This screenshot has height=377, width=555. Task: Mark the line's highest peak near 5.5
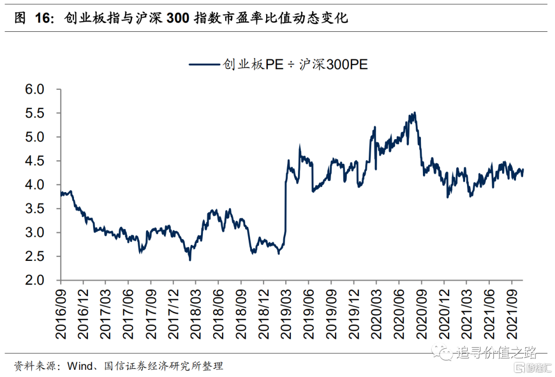pyautogui.click(x=414, y=113)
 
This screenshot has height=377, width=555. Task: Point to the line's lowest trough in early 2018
pyautogui.click(x=190, y=260)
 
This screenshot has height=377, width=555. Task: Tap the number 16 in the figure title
pyautogui.click(x=44, y=18)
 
